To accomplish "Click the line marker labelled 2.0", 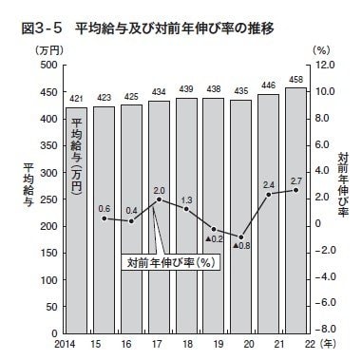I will tap(159, 199).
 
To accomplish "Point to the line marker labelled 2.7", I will tap(296, 190).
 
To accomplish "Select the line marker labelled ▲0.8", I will tap(241, 237).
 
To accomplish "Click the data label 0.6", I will tap(105, 208).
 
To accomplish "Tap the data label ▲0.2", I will tap(215, 239).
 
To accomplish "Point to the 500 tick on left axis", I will tap(49, 65).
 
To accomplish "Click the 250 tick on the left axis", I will tap(49, 199).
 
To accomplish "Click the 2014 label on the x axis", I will tap(65, 343).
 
